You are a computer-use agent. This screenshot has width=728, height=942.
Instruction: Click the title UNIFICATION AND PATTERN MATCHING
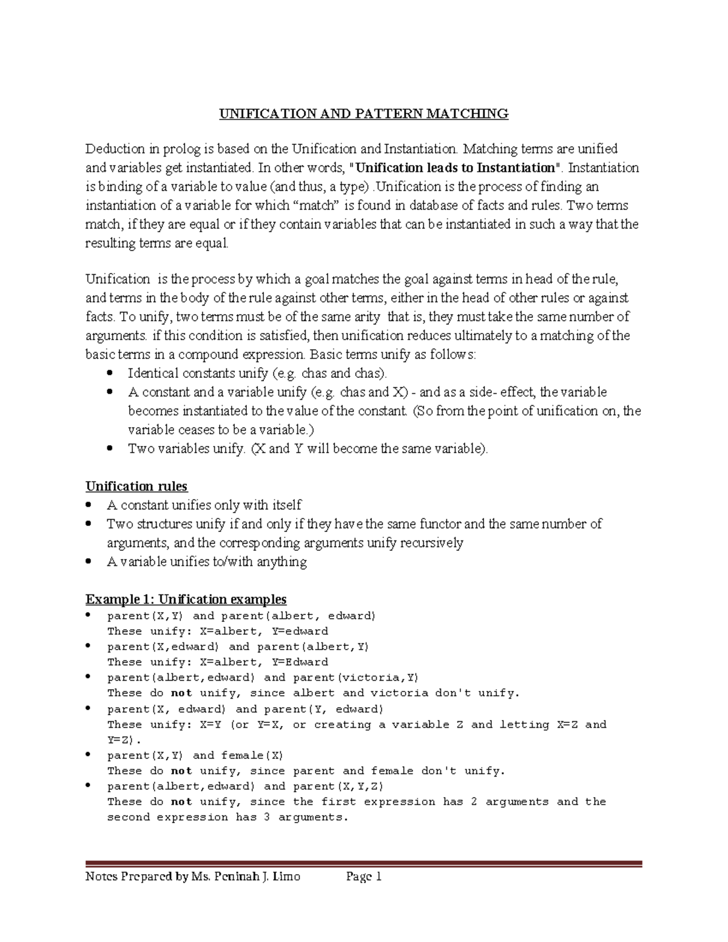point(363,113)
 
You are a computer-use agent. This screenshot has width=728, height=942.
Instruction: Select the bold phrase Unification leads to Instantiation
point(455,167)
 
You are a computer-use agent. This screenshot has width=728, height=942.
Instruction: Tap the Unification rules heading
point(136,486)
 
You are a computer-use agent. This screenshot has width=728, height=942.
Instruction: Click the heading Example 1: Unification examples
point(186,599)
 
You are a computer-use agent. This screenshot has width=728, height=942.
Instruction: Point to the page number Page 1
point(363,876)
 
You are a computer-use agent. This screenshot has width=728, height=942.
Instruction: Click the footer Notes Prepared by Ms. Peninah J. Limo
point(192,876)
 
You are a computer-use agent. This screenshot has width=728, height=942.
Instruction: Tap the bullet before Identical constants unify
point(109,372)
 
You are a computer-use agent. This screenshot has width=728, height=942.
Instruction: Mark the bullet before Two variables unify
point(109,448)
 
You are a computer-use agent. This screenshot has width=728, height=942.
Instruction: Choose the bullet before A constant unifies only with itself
point(89,505)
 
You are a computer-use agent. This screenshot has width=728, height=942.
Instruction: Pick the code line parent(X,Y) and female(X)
point(195,755)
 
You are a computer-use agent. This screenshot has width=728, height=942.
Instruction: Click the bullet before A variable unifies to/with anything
point(89,562)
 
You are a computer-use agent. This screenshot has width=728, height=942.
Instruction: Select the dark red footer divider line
point(363,864)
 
